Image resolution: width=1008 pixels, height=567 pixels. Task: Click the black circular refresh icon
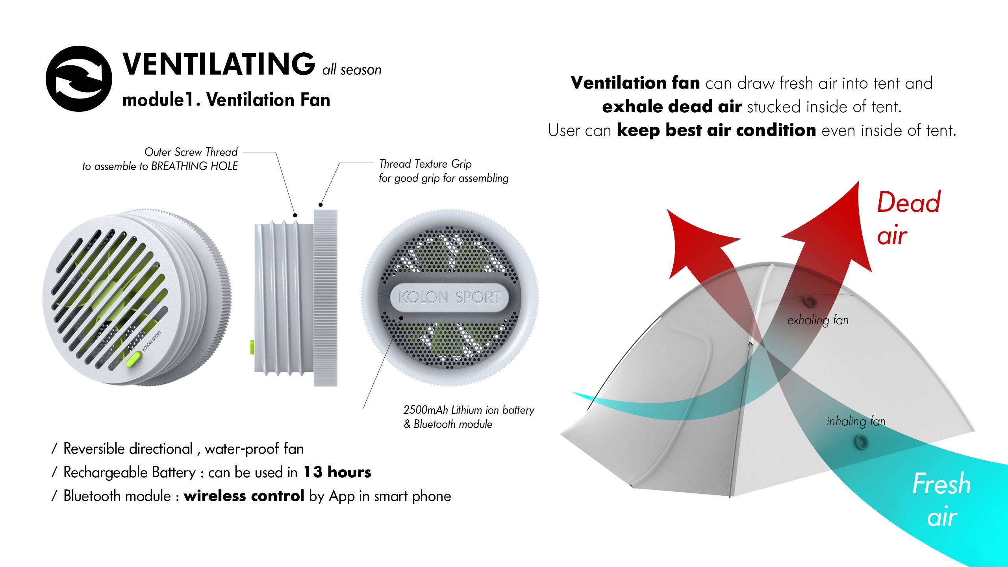pyautogui.click(x=79, y=79)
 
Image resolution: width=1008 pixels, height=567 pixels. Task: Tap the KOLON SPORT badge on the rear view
pyautogui.click(x=449, y=297)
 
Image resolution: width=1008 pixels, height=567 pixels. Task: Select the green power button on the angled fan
pyautogui.click(x=134, y=359)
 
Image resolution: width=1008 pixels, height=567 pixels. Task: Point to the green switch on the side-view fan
pyautogui.click(x=252, y=347)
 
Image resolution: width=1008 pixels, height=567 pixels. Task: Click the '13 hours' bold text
pyautogui.click(x=337, y=472)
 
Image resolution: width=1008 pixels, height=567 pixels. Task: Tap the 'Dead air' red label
pyautogui.click(x=908, y=219)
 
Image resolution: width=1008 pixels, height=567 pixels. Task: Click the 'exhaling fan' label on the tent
pyautogui.click(x=818, y=320)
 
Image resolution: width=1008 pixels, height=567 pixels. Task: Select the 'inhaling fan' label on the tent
pyautogui.click(x=856, y=421)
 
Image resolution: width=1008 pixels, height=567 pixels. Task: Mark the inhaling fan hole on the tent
pyautogui.click(x=861, y=442)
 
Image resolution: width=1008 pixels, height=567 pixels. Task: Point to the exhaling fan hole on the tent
pyautogui.click(x=810, y=302)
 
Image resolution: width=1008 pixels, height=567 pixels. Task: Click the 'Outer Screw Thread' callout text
pyautogui.click(x=191, y=152)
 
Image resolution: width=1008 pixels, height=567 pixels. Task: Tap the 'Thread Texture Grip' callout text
pyautogui.click(x=425, y=164)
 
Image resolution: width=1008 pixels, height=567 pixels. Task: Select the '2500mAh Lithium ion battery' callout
pyautogui.click(x=469, y=410)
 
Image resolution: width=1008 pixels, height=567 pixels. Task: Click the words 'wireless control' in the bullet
pyautogui.click(x=244, y=496)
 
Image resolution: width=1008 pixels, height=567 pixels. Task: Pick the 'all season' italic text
pyautogui.click(x=352, y=70)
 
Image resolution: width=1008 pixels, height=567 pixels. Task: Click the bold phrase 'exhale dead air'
pyautogui.click(x=672, y=107)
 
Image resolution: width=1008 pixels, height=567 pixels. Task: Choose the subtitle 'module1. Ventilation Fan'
pyautogui.click(x=226, y=100)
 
